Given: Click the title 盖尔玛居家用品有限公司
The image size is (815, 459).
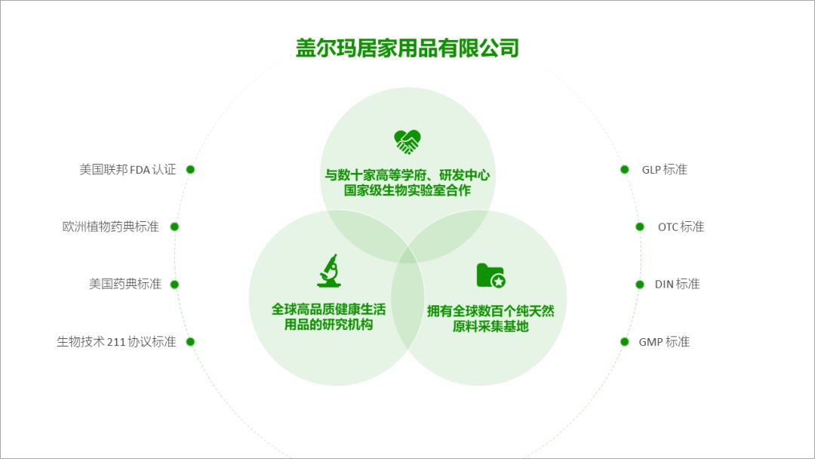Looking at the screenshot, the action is pos(407,48).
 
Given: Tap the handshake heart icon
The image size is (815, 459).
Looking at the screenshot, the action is pos(407,141).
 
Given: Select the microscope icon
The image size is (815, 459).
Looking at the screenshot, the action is pos(328,271).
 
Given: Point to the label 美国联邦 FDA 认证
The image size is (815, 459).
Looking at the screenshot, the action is pos(128,170).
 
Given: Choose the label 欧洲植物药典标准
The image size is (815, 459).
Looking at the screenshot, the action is pos(111,226).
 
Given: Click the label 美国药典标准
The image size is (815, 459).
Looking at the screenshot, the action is pos(125,285).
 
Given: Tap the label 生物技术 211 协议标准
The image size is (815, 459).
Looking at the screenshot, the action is pos(116,342).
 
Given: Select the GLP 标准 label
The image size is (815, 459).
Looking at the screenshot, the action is pos(664,170).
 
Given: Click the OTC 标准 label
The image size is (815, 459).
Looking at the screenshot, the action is pos(681,226).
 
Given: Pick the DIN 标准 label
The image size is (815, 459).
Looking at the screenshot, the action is pos(677,285).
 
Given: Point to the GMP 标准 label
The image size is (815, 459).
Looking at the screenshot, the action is pos(664,342).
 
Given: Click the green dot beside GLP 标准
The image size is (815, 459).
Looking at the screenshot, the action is pos(625,170).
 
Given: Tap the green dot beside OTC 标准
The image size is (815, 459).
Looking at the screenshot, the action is pos(640,226).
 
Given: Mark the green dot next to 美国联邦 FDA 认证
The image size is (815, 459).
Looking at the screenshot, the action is pos(190,170).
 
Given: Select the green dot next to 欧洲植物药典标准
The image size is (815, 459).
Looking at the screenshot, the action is pos(174,226).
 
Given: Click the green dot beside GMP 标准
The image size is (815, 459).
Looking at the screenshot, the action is pos(624,342).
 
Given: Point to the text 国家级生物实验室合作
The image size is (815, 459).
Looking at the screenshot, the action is pos(407,191).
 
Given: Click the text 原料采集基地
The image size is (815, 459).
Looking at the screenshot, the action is pos(491,326).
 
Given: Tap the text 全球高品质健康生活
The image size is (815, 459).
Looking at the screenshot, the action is pos(328,310).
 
